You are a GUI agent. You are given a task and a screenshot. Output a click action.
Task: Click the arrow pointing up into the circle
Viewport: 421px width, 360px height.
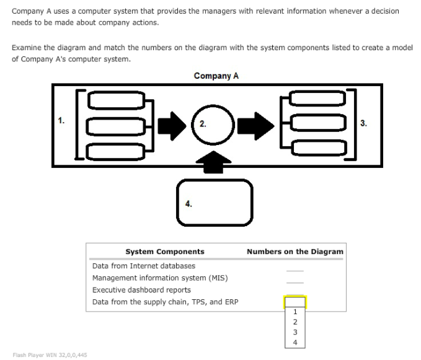point(212,162)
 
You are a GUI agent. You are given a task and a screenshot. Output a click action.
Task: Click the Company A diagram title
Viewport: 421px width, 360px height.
point(216,76)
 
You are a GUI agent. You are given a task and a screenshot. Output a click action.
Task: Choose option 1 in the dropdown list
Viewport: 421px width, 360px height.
point(295,312)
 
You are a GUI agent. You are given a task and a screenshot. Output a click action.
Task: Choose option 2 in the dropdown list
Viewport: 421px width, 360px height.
point(295,322)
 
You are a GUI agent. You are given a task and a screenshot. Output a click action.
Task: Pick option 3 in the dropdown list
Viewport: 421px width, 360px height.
point(295,332)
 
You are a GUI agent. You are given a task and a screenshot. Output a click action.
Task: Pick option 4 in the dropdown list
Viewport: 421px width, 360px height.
point(295,342)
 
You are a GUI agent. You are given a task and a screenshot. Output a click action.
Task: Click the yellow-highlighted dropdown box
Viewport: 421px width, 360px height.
point(295,302)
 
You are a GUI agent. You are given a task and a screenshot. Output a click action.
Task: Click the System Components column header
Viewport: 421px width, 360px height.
point(164,252)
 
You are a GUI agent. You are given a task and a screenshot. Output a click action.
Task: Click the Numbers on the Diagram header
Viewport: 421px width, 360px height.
point(295,252)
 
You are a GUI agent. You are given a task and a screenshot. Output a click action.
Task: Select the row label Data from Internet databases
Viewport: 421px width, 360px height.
point(135,266)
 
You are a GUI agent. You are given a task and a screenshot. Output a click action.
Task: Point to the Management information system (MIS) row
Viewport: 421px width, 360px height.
point(160,278)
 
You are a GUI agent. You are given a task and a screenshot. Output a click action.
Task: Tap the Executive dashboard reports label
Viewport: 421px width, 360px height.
point(141,289)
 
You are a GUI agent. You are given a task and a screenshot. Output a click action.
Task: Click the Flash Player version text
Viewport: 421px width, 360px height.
point(50,355)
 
